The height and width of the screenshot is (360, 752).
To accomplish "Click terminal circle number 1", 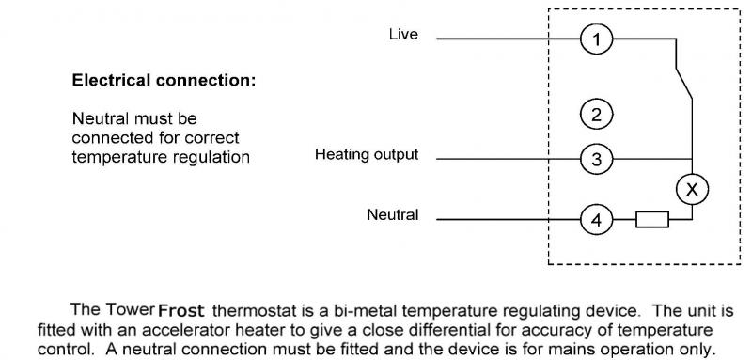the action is [x=596, y=39].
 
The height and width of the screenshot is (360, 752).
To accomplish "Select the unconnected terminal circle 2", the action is [x=596, y=115].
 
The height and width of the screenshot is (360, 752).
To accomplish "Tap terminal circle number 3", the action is [x=596, y=159].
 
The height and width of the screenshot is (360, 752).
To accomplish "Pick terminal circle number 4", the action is [x=596, y=220].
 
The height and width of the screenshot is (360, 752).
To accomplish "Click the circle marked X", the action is [x=692, y=189].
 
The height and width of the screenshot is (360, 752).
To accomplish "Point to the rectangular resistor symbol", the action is [x=652, y=220].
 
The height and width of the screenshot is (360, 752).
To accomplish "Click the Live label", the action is [x=403, y=35].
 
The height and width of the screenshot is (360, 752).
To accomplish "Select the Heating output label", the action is [x=367, y=154].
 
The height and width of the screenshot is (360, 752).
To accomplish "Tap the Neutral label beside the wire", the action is [x=393, y=214].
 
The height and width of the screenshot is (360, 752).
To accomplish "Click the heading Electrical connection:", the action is [x=164, y=80].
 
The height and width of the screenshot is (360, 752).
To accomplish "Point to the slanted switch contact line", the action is [x=684, y=83].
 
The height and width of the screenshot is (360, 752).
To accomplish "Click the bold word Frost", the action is [x=181, y=310].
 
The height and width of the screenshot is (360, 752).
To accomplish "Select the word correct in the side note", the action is [x=212, y=138].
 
